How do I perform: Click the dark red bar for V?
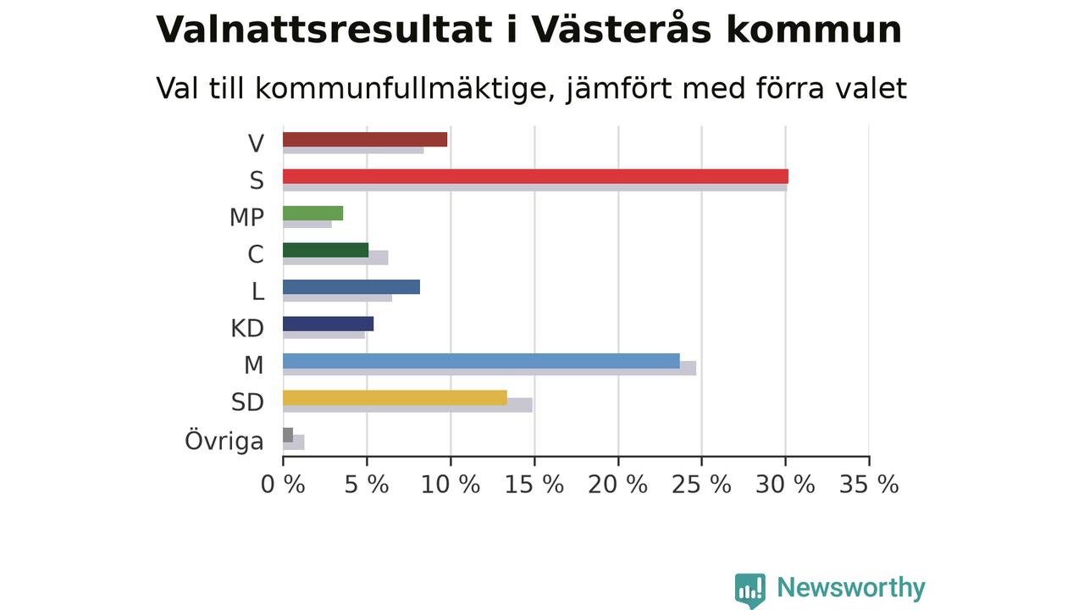pos(365,140)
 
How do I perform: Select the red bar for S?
pos(536,177)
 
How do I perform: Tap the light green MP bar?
pos(313,213)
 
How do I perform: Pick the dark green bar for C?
pos(326,250)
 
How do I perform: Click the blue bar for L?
pos(351,287)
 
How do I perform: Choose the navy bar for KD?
pos(328,324)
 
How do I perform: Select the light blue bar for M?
pos(482,361)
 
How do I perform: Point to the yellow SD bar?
pos(395,398)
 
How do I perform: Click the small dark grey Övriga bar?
pos(288,435)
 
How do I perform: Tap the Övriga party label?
pos(224,441)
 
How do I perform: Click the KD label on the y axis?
pos(247,328)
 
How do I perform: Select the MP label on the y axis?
pos(246,218)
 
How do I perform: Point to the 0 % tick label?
pos(283,485)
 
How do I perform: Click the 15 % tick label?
pos(534,485)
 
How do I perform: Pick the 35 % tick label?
pos(869,485)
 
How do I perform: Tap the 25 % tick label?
pos(702,485)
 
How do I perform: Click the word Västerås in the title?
pos(622,28)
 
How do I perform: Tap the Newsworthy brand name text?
pos(851,587)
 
